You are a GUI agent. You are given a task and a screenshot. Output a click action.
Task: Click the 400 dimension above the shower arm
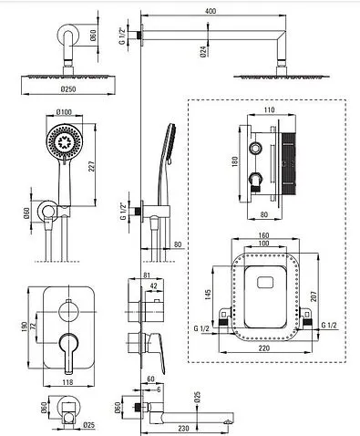211,11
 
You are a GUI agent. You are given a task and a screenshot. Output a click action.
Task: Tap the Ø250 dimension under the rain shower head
68,89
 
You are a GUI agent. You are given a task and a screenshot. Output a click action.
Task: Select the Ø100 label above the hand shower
64,112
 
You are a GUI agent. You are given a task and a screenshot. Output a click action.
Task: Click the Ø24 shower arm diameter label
203,51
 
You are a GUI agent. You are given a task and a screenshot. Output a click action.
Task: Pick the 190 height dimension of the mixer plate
25,327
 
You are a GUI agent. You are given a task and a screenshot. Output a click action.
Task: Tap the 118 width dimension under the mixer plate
67,382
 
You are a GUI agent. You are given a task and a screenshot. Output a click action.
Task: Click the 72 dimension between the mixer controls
34,326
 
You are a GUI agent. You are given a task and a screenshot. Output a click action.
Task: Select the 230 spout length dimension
183,428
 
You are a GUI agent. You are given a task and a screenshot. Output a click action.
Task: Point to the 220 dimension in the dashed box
263,348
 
